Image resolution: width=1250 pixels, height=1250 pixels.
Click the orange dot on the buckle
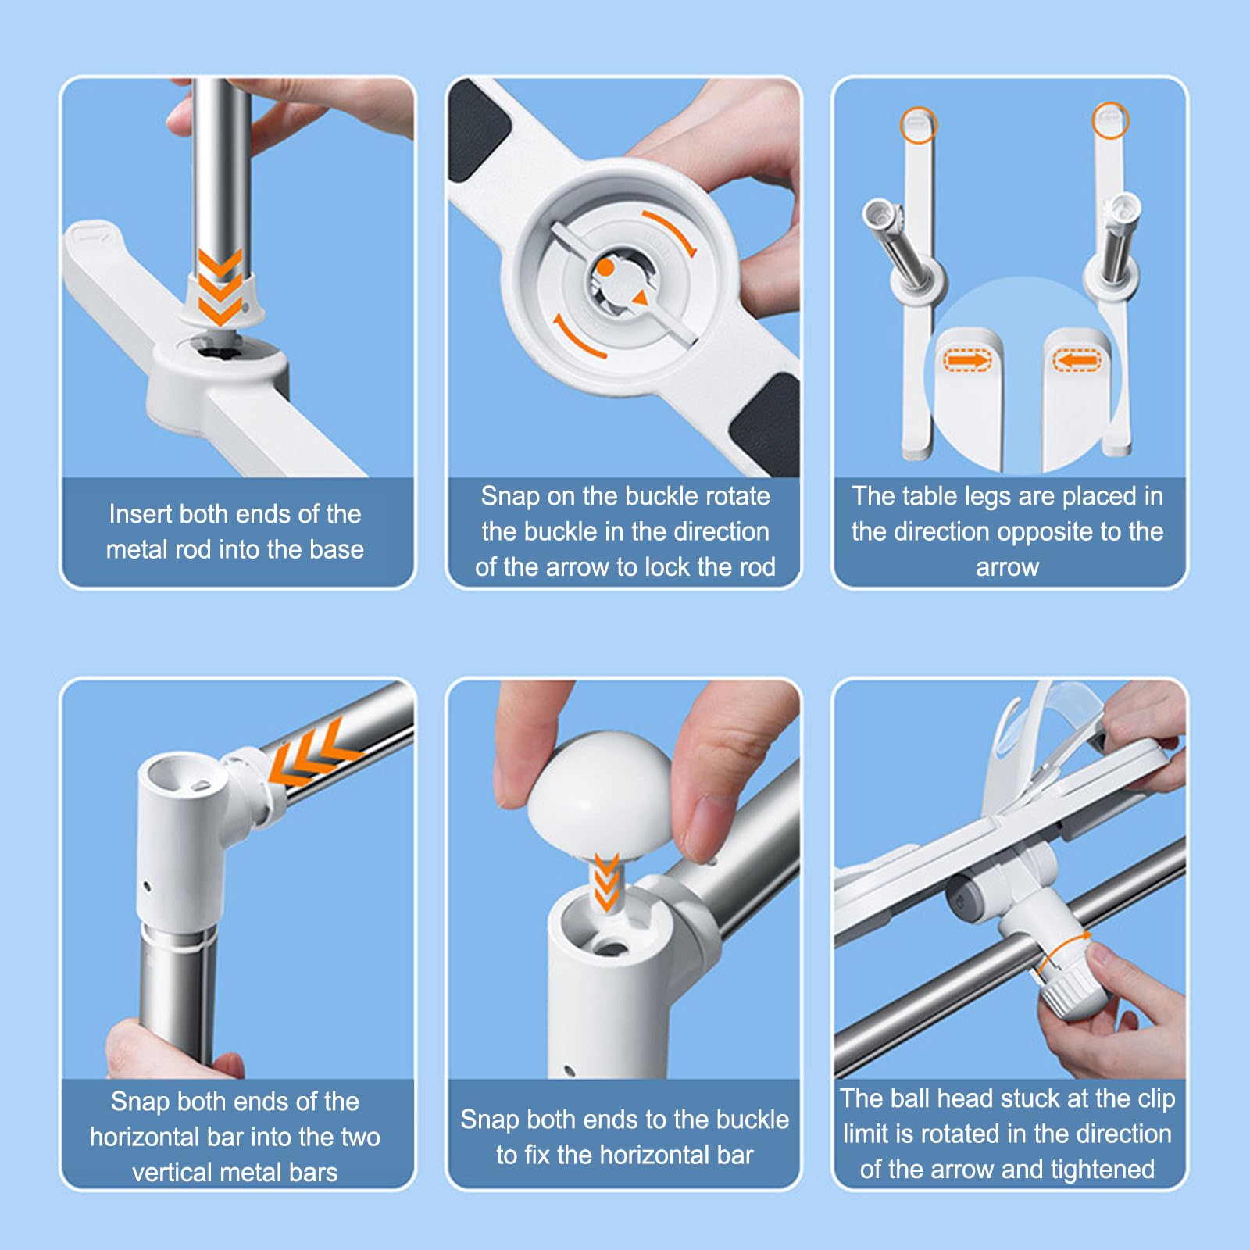(605, 268)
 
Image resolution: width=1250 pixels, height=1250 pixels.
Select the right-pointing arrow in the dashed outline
(966, 360)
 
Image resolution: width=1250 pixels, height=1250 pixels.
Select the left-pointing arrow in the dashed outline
(1077, 360)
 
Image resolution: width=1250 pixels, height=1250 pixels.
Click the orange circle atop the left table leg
(919, 124)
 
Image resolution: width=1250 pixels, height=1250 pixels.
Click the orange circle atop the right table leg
(1110, 121)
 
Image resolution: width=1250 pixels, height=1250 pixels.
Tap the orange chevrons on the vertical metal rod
(220, 287)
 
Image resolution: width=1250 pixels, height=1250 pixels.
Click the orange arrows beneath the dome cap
(606, 882)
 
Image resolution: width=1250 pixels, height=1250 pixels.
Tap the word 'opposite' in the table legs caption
(1043, 532)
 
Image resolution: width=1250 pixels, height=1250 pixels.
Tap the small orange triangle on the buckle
(641, 298)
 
